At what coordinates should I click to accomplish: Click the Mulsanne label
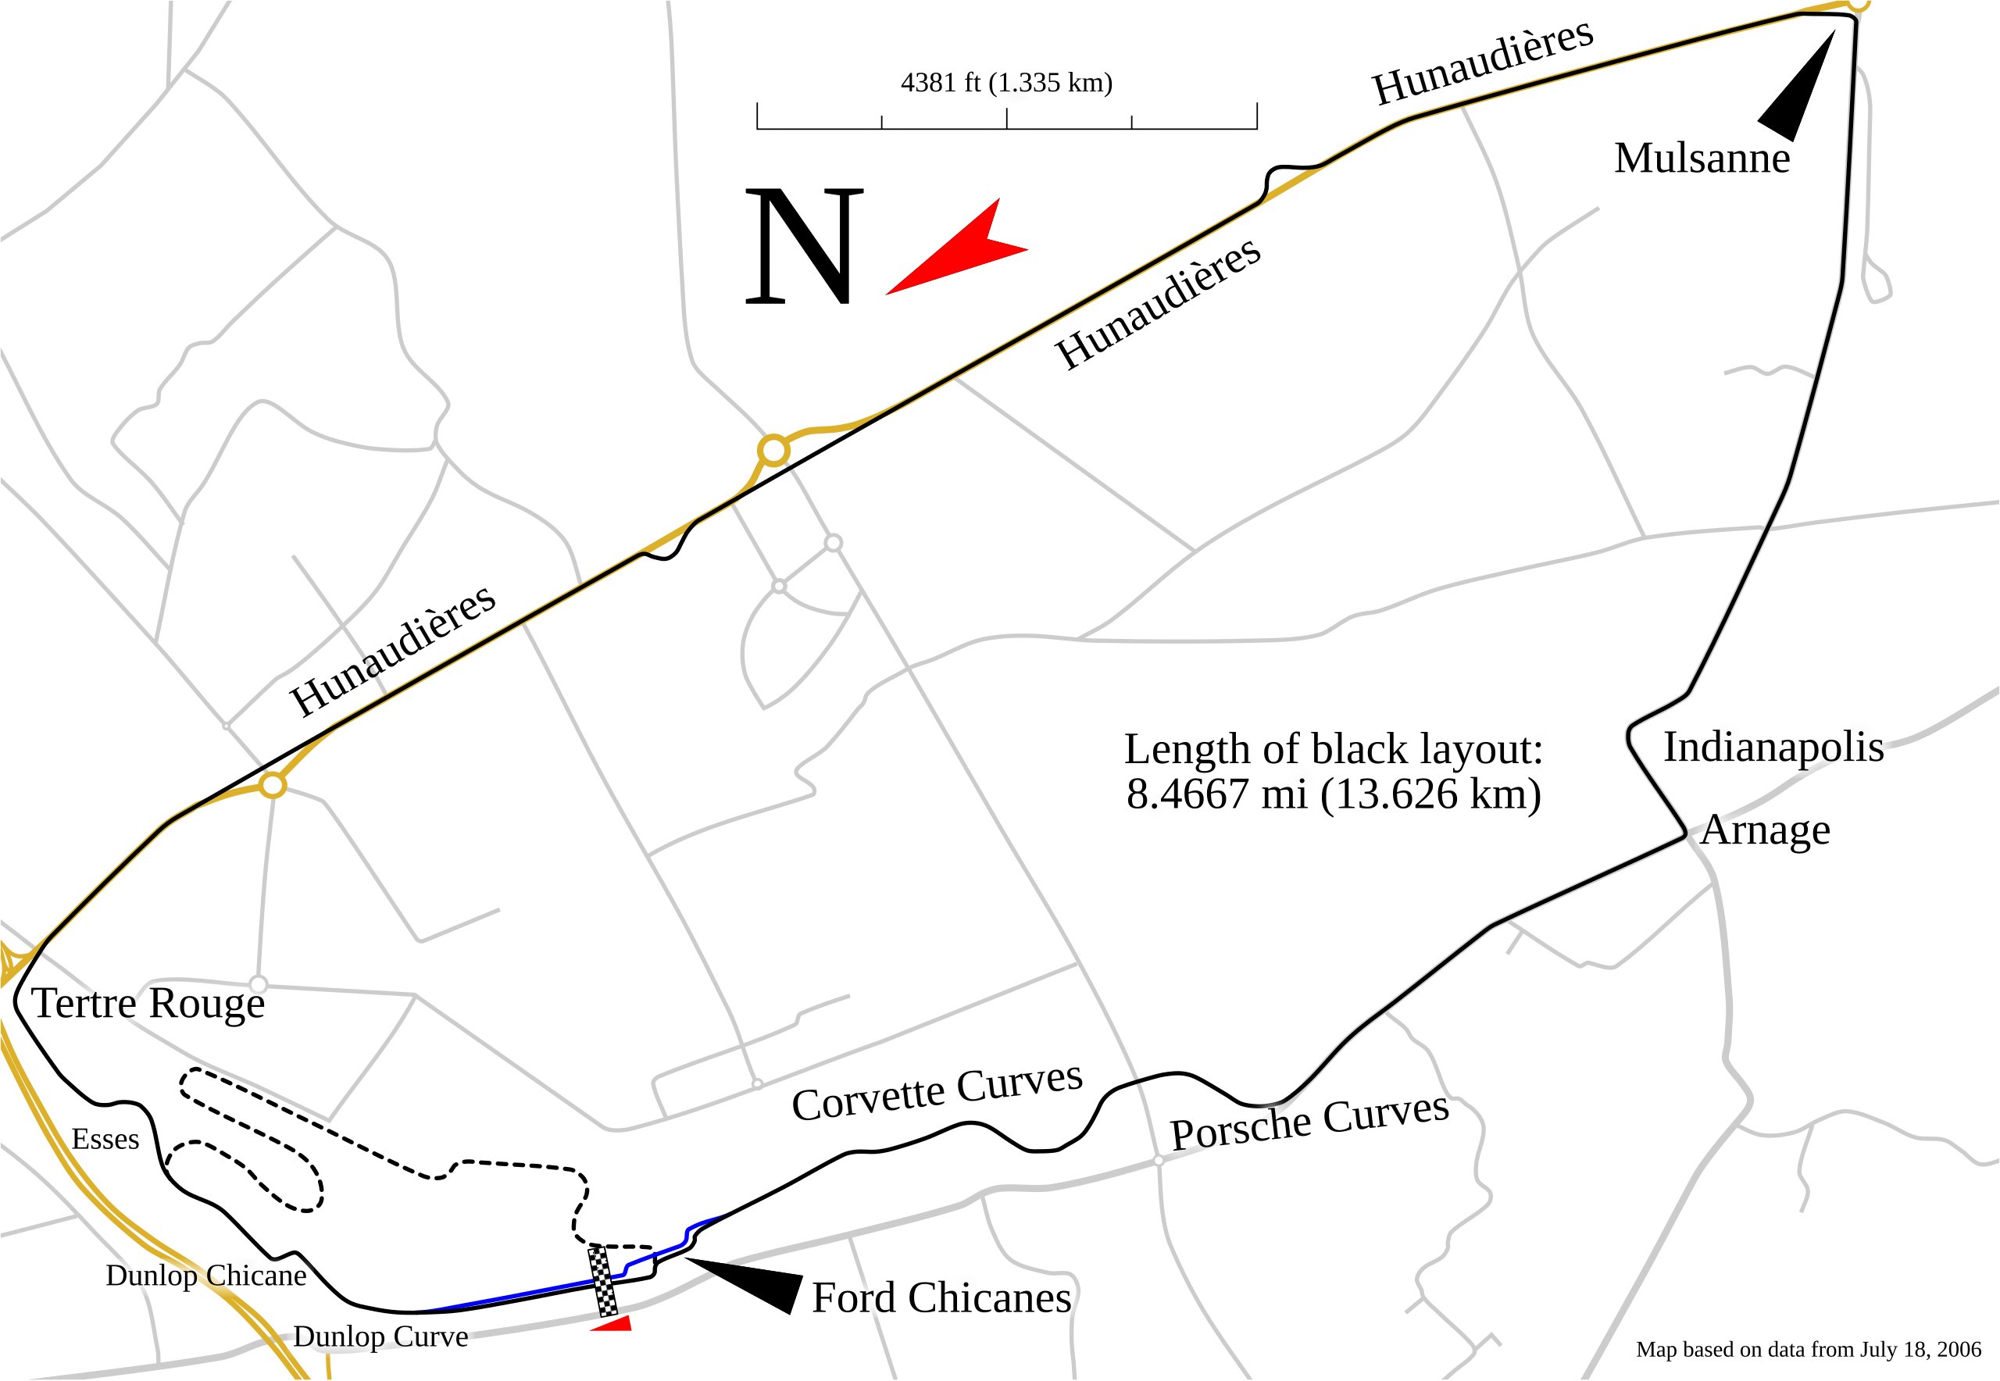click(x=1702, y=159)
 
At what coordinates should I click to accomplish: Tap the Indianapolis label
click(x=1773, y=747)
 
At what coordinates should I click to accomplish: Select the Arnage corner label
click(x=1766, y=830)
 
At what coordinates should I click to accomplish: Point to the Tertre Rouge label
click(x=148, y=1004)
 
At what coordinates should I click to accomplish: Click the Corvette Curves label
click(x=937, y=1094)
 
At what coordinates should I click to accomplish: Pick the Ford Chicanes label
click(x=941, y=1298)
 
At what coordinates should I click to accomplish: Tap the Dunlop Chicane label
click(x=206, y=1276)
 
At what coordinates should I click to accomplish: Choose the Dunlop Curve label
click(x=380, y=1336)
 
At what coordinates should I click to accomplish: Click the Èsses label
click(x=105, y=1139)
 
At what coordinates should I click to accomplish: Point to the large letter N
click(x=804, y=246)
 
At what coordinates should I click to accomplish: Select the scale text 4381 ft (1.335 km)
click(x=1005, y=83)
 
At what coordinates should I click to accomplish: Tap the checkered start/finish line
click(x=604, y=1280)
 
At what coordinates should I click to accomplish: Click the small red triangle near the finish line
click(x=613, y=1324)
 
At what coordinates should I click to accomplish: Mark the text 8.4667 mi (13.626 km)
click(x=1333, y=794)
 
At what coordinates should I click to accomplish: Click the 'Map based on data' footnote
click(x=1808, y=1350)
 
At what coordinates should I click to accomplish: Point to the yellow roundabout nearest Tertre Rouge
click(x=273, y=786)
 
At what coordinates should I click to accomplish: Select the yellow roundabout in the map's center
click(x=773, y=451)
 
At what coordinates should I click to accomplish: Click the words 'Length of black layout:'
click(x=1333, y=749)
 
